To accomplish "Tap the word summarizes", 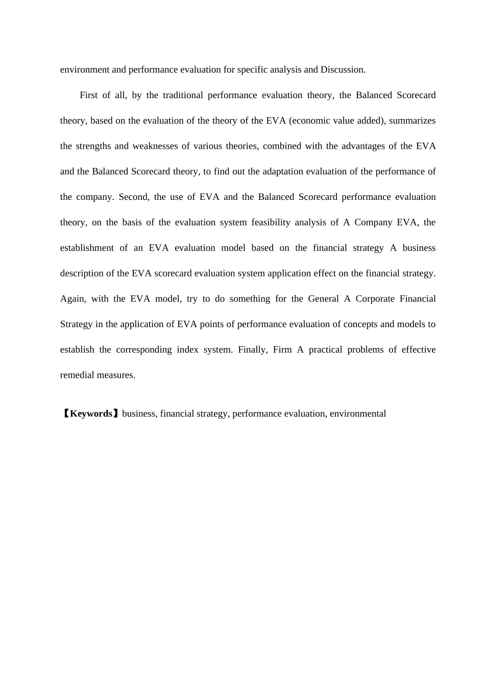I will click(x=412, y=121).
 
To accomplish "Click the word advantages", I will click(x=363, y=146).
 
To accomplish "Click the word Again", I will click(x=73, y=299).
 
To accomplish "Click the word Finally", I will click(x=253, y=350).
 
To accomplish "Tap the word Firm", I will click(x=282, y=350).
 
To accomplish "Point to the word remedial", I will click(x=77, y=375).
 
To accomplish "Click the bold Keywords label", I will click(x=91, y=414).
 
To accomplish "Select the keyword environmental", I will click(x=357, y=414).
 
